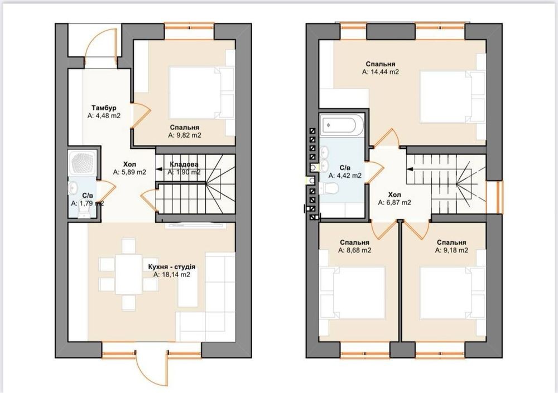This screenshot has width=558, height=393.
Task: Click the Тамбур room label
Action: tap(104, 108)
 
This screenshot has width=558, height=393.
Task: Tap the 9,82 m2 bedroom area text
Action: tap(185, 135)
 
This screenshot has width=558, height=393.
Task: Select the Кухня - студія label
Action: tap(171, 267)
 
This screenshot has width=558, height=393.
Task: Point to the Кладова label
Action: tap(184, 164)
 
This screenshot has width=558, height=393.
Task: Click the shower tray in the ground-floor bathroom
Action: tap(84, 163)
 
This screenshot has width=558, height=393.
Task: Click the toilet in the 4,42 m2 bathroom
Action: tap(329, 188)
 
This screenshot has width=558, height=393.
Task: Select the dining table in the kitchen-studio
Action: tap(128, 274)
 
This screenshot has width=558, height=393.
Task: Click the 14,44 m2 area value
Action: tap(381, 72)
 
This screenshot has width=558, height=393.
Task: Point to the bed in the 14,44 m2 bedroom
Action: tap(453, 97)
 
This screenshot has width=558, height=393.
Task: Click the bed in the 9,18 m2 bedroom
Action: tap(453, 292)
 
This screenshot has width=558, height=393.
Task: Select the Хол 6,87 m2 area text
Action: tap(395, 203)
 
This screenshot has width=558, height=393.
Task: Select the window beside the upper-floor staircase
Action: tap(499, 197)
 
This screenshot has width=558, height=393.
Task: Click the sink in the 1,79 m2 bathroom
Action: tap(74, 187)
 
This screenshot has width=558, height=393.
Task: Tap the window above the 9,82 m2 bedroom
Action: tap(189, 26)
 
